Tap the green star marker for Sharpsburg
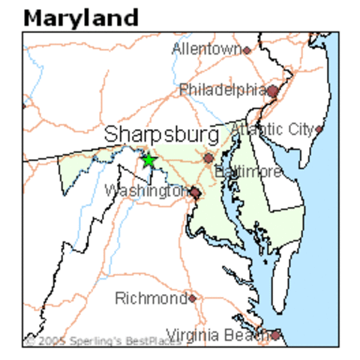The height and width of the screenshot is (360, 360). [x=148, y=160]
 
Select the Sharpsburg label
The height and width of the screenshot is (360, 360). [x=162, y=135]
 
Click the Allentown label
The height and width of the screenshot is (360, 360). [x=206, y=49]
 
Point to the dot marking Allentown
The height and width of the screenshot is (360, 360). [x=246, y=50]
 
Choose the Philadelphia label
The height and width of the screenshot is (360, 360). [x=223, y=91]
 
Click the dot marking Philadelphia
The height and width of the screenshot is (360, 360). [x=273, y=91]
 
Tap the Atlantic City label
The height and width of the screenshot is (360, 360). [x=272, y=129]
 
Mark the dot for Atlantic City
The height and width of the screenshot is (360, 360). [x=319, y=129]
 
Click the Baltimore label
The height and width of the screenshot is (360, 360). [x=248, y=172]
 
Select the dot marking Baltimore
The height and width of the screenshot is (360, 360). [x=208, y=158]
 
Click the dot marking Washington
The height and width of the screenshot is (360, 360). [x=195, y=193]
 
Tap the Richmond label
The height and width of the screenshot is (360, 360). [x=151, y=298]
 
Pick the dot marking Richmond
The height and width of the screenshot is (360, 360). [x=193, y=298]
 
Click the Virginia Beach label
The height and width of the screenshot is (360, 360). [x=217, y=334]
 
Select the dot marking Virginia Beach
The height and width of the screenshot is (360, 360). [x=276, y=335]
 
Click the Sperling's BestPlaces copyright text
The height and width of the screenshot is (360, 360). [x=102, y=341]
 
